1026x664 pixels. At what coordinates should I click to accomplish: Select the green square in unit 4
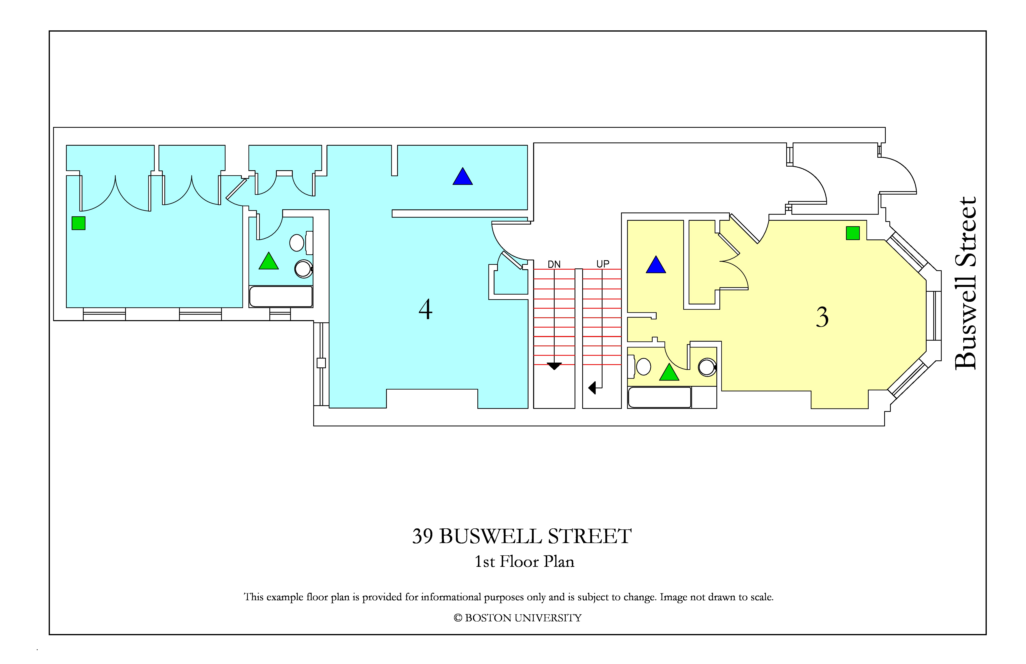tap(78, 223)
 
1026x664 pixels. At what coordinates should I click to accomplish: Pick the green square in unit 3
tap(853, 233)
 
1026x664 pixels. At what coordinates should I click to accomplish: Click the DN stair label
tap(554, 264)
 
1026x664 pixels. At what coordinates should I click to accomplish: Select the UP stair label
tap(603, 264)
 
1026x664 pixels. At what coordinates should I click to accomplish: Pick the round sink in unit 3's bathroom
tap(707, 367)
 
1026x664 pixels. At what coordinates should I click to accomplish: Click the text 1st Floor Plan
tap(524, 561)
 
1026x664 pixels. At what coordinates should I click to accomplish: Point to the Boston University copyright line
tap(517, 618)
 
